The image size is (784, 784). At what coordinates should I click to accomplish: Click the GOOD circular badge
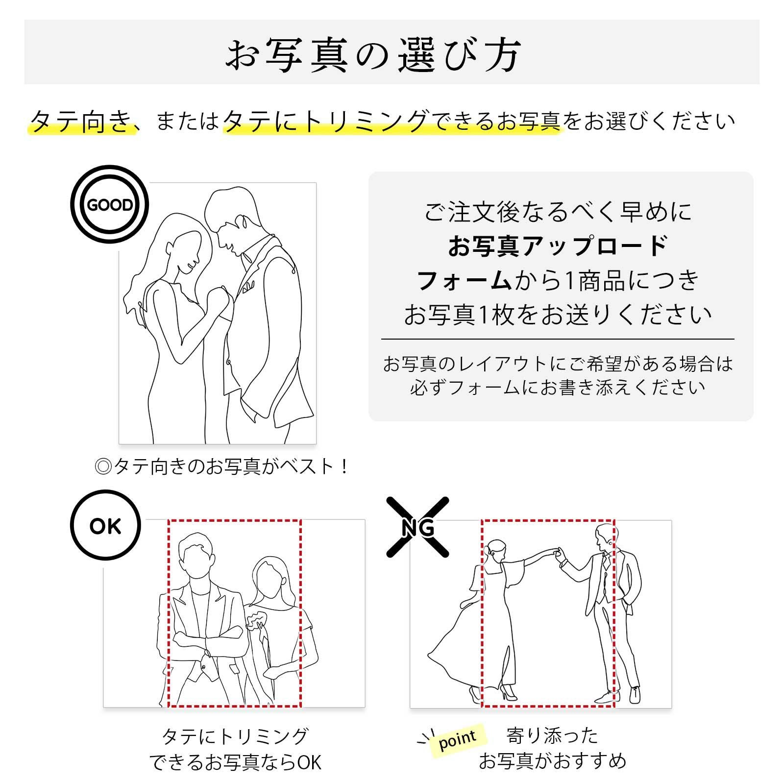tap(109, 204)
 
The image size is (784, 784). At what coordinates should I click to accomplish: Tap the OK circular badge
tap(105, 525)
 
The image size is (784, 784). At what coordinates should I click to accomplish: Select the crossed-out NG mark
tap(417, 527)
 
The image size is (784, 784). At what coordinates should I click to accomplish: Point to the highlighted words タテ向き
tap(81, 121)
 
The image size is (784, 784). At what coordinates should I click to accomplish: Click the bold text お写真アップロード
tap(558, 246)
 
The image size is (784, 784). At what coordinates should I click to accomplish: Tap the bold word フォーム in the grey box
tap(464, 280)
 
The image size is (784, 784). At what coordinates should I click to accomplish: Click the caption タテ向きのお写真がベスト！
tap(221, 466)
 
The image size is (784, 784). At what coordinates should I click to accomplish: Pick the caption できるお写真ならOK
tap(235, 762)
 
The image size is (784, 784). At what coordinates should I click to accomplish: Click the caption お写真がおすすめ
tap(552, 761)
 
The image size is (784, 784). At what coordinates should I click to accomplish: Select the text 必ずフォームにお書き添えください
tap(558, 388)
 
